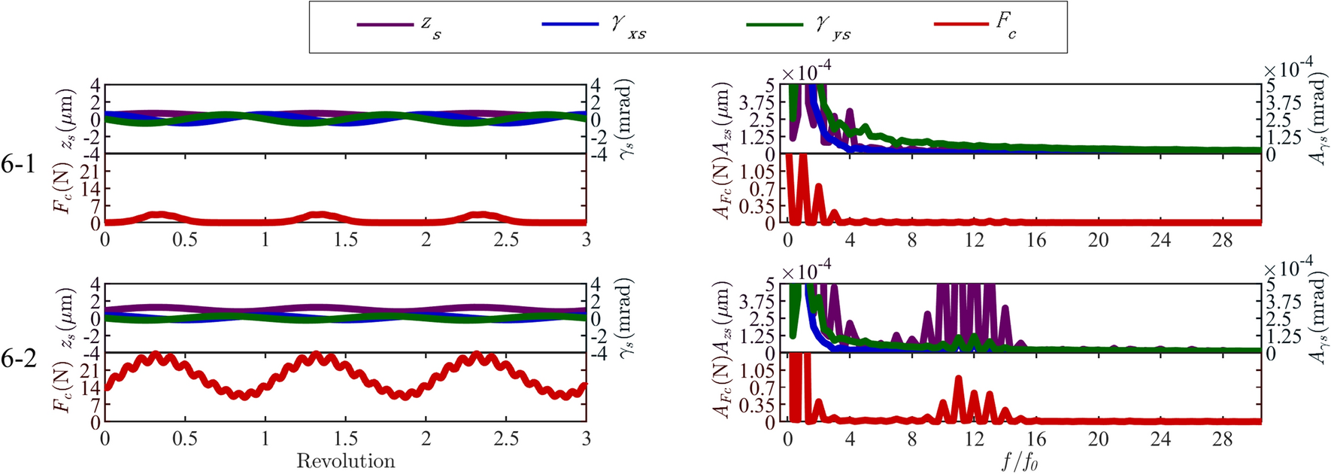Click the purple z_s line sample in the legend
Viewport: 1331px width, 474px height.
click(x=384, y=25)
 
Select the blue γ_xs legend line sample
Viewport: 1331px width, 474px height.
click(x=569, y=25)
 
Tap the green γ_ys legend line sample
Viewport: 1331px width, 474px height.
click(x=775, y=25)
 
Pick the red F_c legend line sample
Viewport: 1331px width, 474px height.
click(x=961, y=25)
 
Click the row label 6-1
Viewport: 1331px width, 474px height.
click(x=18, y=165)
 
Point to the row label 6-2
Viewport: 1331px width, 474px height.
click(x=18, y=359)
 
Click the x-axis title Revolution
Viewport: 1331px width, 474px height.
click(x=345, y=461)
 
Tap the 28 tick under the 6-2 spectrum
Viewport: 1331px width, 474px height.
click(x=1223, y=439)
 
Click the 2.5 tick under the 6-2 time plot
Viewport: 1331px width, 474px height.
click(x=506, y=439)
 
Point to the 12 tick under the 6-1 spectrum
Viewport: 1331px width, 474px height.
click(x=975, y=240)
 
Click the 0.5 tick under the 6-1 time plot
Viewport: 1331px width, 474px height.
click(x=185, y=240)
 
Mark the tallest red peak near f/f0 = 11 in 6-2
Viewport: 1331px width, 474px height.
click(x=958, y=378)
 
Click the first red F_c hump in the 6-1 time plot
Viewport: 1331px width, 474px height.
click(x=159, y=215)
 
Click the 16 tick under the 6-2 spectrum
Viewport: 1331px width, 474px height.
click(x=1037, y=439)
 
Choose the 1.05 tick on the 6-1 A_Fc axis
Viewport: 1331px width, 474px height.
click(x=763, y=171)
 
